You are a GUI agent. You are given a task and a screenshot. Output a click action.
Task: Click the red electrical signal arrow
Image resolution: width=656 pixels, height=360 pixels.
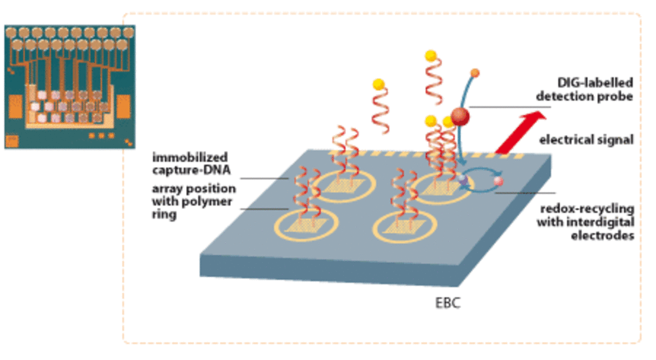click(x=519, y=133)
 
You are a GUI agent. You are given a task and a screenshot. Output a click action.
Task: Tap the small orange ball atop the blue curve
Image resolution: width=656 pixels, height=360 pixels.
click(x=475, y=72)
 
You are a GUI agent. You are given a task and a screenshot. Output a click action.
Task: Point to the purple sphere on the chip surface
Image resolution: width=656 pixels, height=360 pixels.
click(x=462, y=179)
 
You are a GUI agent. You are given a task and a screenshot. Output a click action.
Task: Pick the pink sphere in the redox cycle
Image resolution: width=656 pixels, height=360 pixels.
click(x=498, y=181)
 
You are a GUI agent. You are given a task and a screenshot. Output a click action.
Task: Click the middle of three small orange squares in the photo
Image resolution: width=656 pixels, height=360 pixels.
click(x=101, y=135)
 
